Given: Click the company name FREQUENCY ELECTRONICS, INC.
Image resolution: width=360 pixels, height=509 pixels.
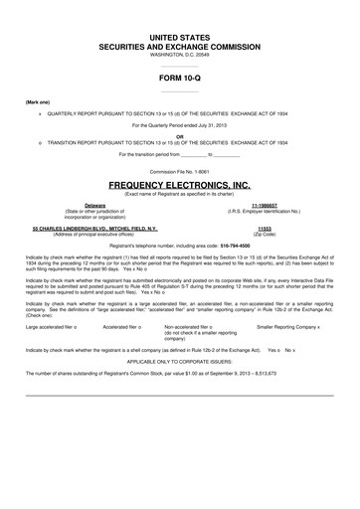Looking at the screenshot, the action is (x=180, y=185).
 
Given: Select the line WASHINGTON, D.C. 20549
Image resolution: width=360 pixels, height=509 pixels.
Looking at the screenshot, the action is (x=180, y=54).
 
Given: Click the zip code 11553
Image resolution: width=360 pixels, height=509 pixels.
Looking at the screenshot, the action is (x=265, y=227).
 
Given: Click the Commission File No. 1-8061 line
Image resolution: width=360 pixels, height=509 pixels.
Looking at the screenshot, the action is (x=180, y=171).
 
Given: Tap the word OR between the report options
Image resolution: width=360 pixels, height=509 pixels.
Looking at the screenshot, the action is (x=180, y=137).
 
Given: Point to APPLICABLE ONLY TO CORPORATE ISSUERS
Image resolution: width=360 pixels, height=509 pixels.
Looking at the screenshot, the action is (x=180, y=362).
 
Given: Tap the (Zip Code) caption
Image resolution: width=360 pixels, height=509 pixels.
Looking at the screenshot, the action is (x=265, y=233).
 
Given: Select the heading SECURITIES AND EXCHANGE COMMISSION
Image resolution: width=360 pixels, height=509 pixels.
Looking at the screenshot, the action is (x=180, y=46).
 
